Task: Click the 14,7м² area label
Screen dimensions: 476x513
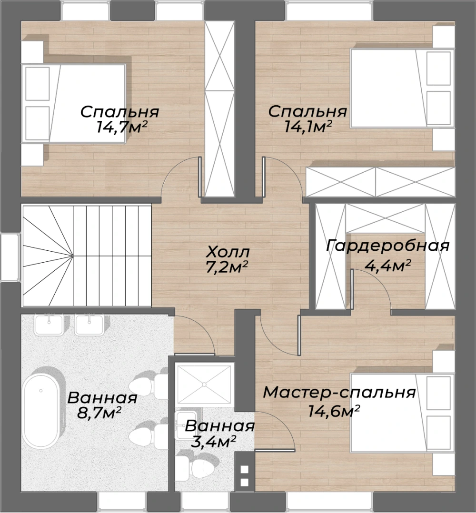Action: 121,127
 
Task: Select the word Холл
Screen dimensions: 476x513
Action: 228,252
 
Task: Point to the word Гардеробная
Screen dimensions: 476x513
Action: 387,246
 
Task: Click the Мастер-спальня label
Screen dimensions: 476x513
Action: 339,392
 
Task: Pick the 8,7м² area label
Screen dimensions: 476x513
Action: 99,413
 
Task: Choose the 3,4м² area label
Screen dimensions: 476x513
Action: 213,442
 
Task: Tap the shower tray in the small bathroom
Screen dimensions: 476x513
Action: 205,385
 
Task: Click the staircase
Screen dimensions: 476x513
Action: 87,255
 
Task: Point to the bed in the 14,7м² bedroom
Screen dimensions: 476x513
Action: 74,103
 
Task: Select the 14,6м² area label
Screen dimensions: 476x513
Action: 334,411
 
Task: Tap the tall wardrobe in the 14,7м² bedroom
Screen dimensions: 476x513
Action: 220,109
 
